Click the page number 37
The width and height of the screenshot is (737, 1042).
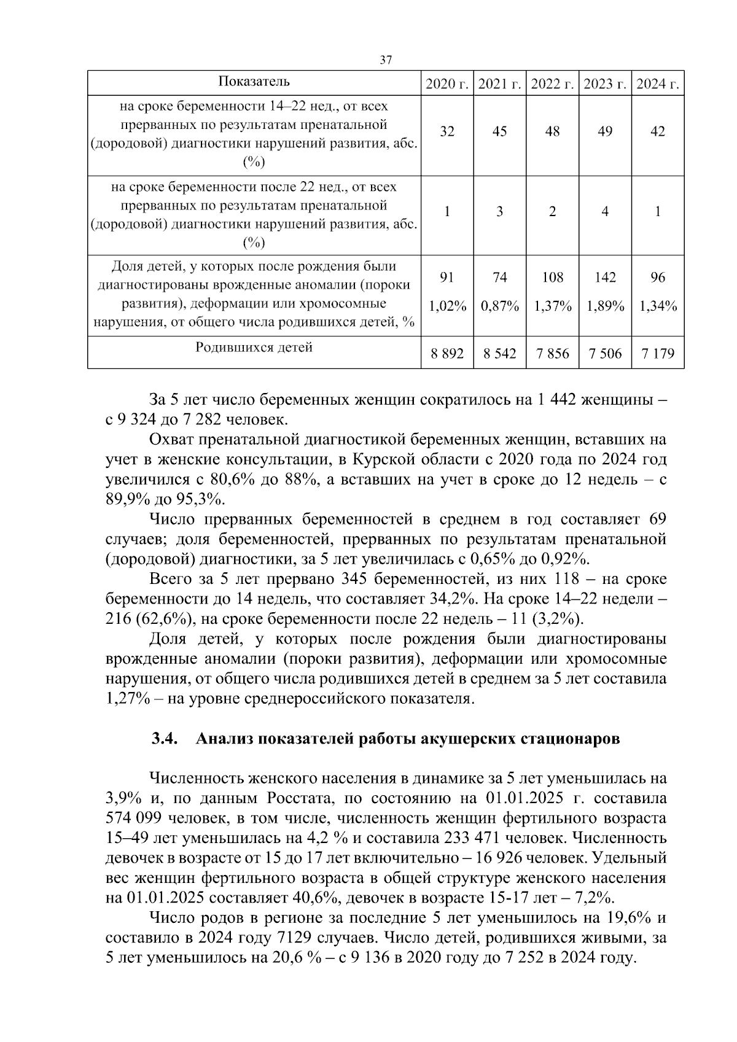click(x=386, y=60)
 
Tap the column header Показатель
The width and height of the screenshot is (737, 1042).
click(x=254, y=82)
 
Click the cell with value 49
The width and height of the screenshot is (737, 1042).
click(x=605, y=131)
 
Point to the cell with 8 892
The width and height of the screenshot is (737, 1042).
click(x=447, y=354)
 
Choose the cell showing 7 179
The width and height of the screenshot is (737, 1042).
click(x=658, y=354)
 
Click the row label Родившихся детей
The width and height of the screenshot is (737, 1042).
click(x=254, y=348)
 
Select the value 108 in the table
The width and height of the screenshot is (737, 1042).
click(x=552, y=278)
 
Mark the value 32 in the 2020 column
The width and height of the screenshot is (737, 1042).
click(x=447, y=131)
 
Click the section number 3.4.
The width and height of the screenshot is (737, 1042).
click(x=165, y=739)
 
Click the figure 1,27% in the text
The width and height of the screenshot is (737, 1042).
click(x=127, y=699)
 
